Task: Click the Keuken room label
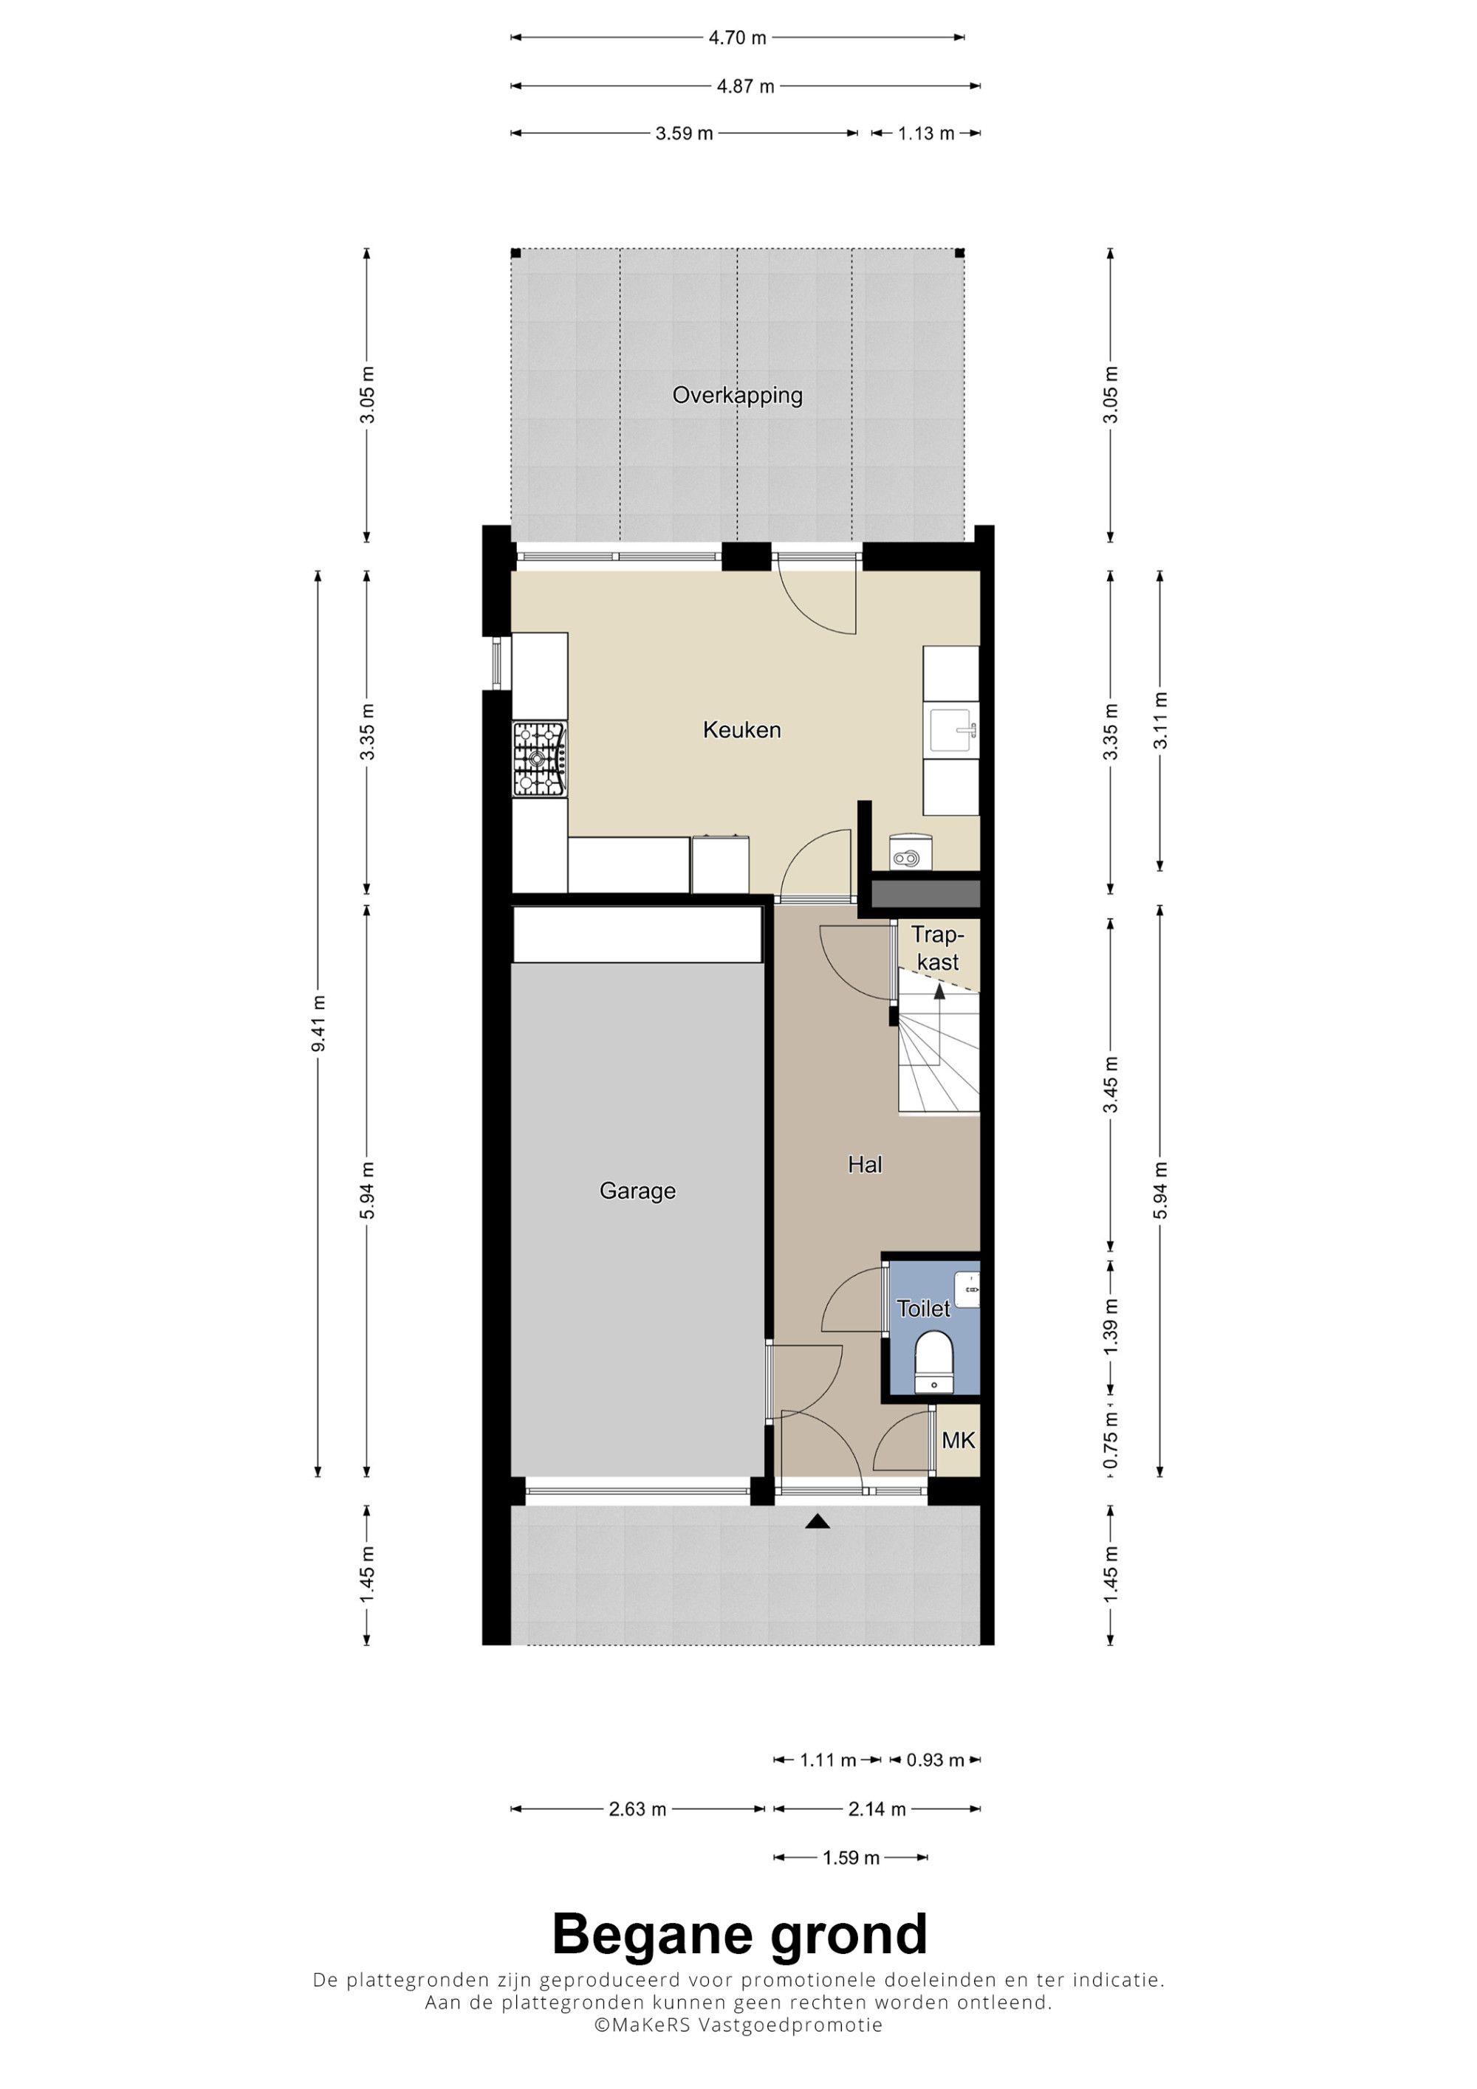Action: point(741,730)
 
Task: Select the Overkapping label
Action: point(737,396)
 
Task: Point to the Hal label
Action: point(865,1165)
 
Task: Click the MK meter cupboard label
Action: point(959,1440)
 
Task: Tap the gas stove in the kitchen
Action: point(540,760)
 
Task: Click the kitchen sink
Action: point(952,731)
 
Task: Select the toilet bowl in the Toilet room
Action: point(933,1363)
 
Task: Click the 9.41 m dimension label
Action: point(318,1024)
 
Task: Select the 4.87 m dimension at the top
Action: point(745,86)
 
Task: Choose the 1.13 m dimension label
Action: point(926,134)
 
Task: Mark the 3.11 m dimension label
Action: point(1160,721)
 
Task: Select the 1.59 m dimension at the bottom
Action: point(851,1858)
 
